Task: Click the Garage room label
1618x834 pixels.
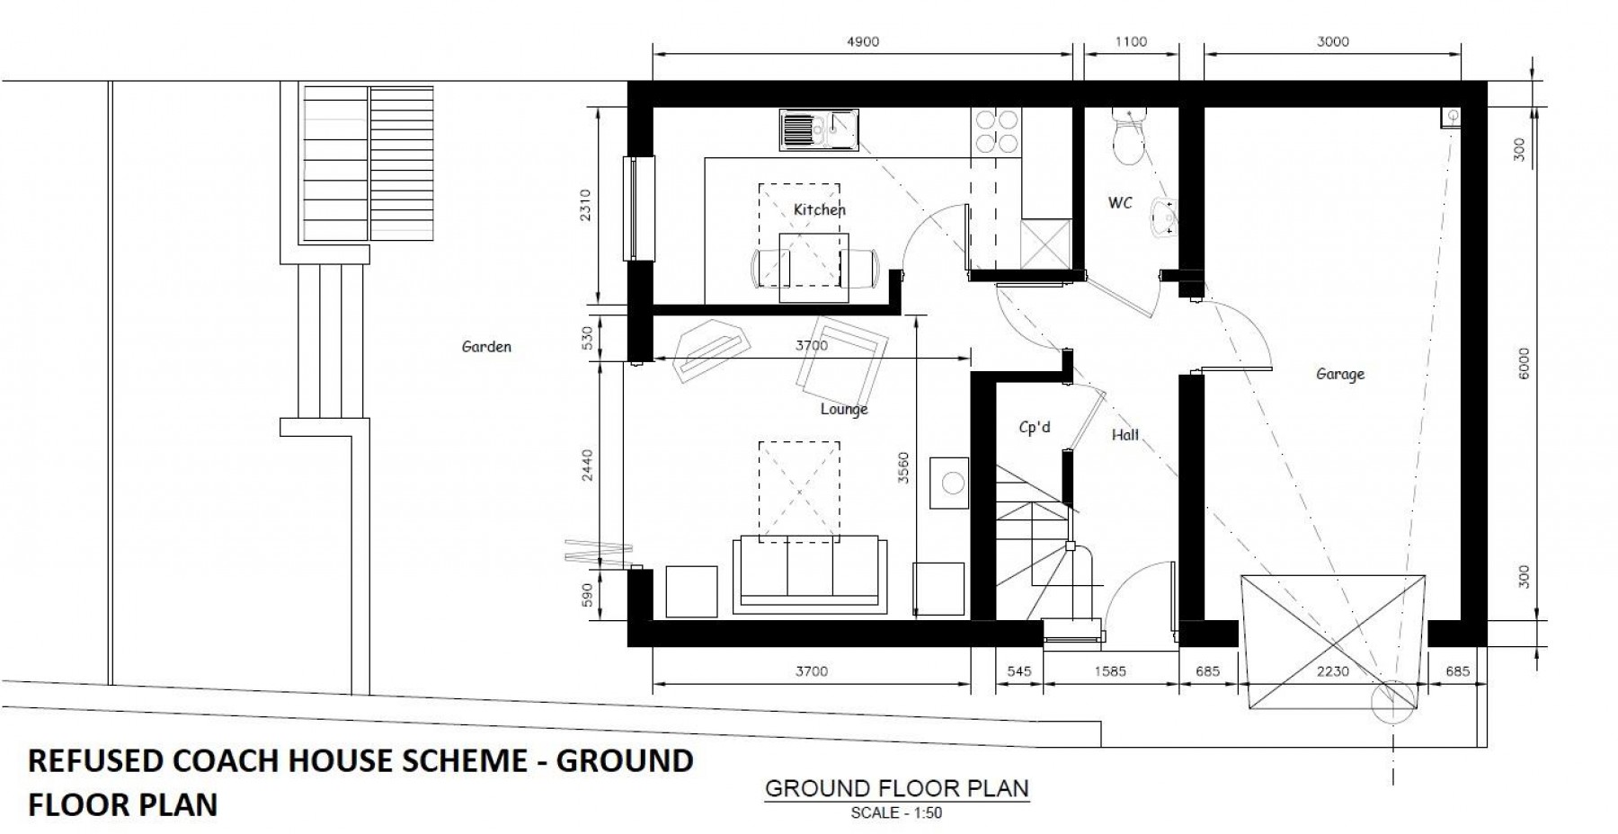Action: [x=1340, y=375]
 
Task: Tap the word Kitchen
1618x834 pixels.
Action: [x=819, y=210]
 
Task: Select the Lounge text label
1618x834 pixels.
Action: [x=844, y=410]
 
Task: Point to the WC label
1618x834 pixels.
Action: [x=1120, y=203]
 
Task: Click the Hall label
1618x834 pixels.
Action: [x=1125, y=435]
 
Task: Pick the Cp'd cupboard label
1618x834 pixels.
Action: [x=1035, y=428]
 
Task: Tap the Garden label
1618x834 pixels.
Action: [x=486, y=346]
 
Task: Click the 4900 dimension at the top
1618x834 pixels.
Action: [x=863, y=41]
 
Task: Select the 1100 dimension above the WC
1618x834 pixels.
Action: [x=1131, y=41]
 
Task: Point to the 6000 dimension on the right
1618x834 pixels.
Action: [x=1523, y=364]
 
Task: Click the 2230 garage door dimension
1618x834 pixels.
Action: [x=1332, y=671]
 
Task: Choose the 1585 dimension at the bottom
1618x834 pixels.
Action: [x=1110, y=671]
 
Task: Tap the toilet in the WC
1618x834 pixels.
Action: [x=1126, y=137]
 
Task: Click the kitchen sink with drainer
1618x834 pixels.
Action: [x=819, y=130]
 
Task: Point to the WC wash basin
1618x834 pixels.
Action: [x=1167, y=217]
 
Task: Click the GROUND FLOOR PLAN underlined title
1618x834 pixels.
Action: [x=896, y=789]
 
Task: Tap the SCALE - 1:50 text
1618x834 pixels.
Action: [x=896, y=813]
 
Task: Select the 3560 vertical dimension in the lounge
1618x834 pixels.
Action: [x=903, y=467]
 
